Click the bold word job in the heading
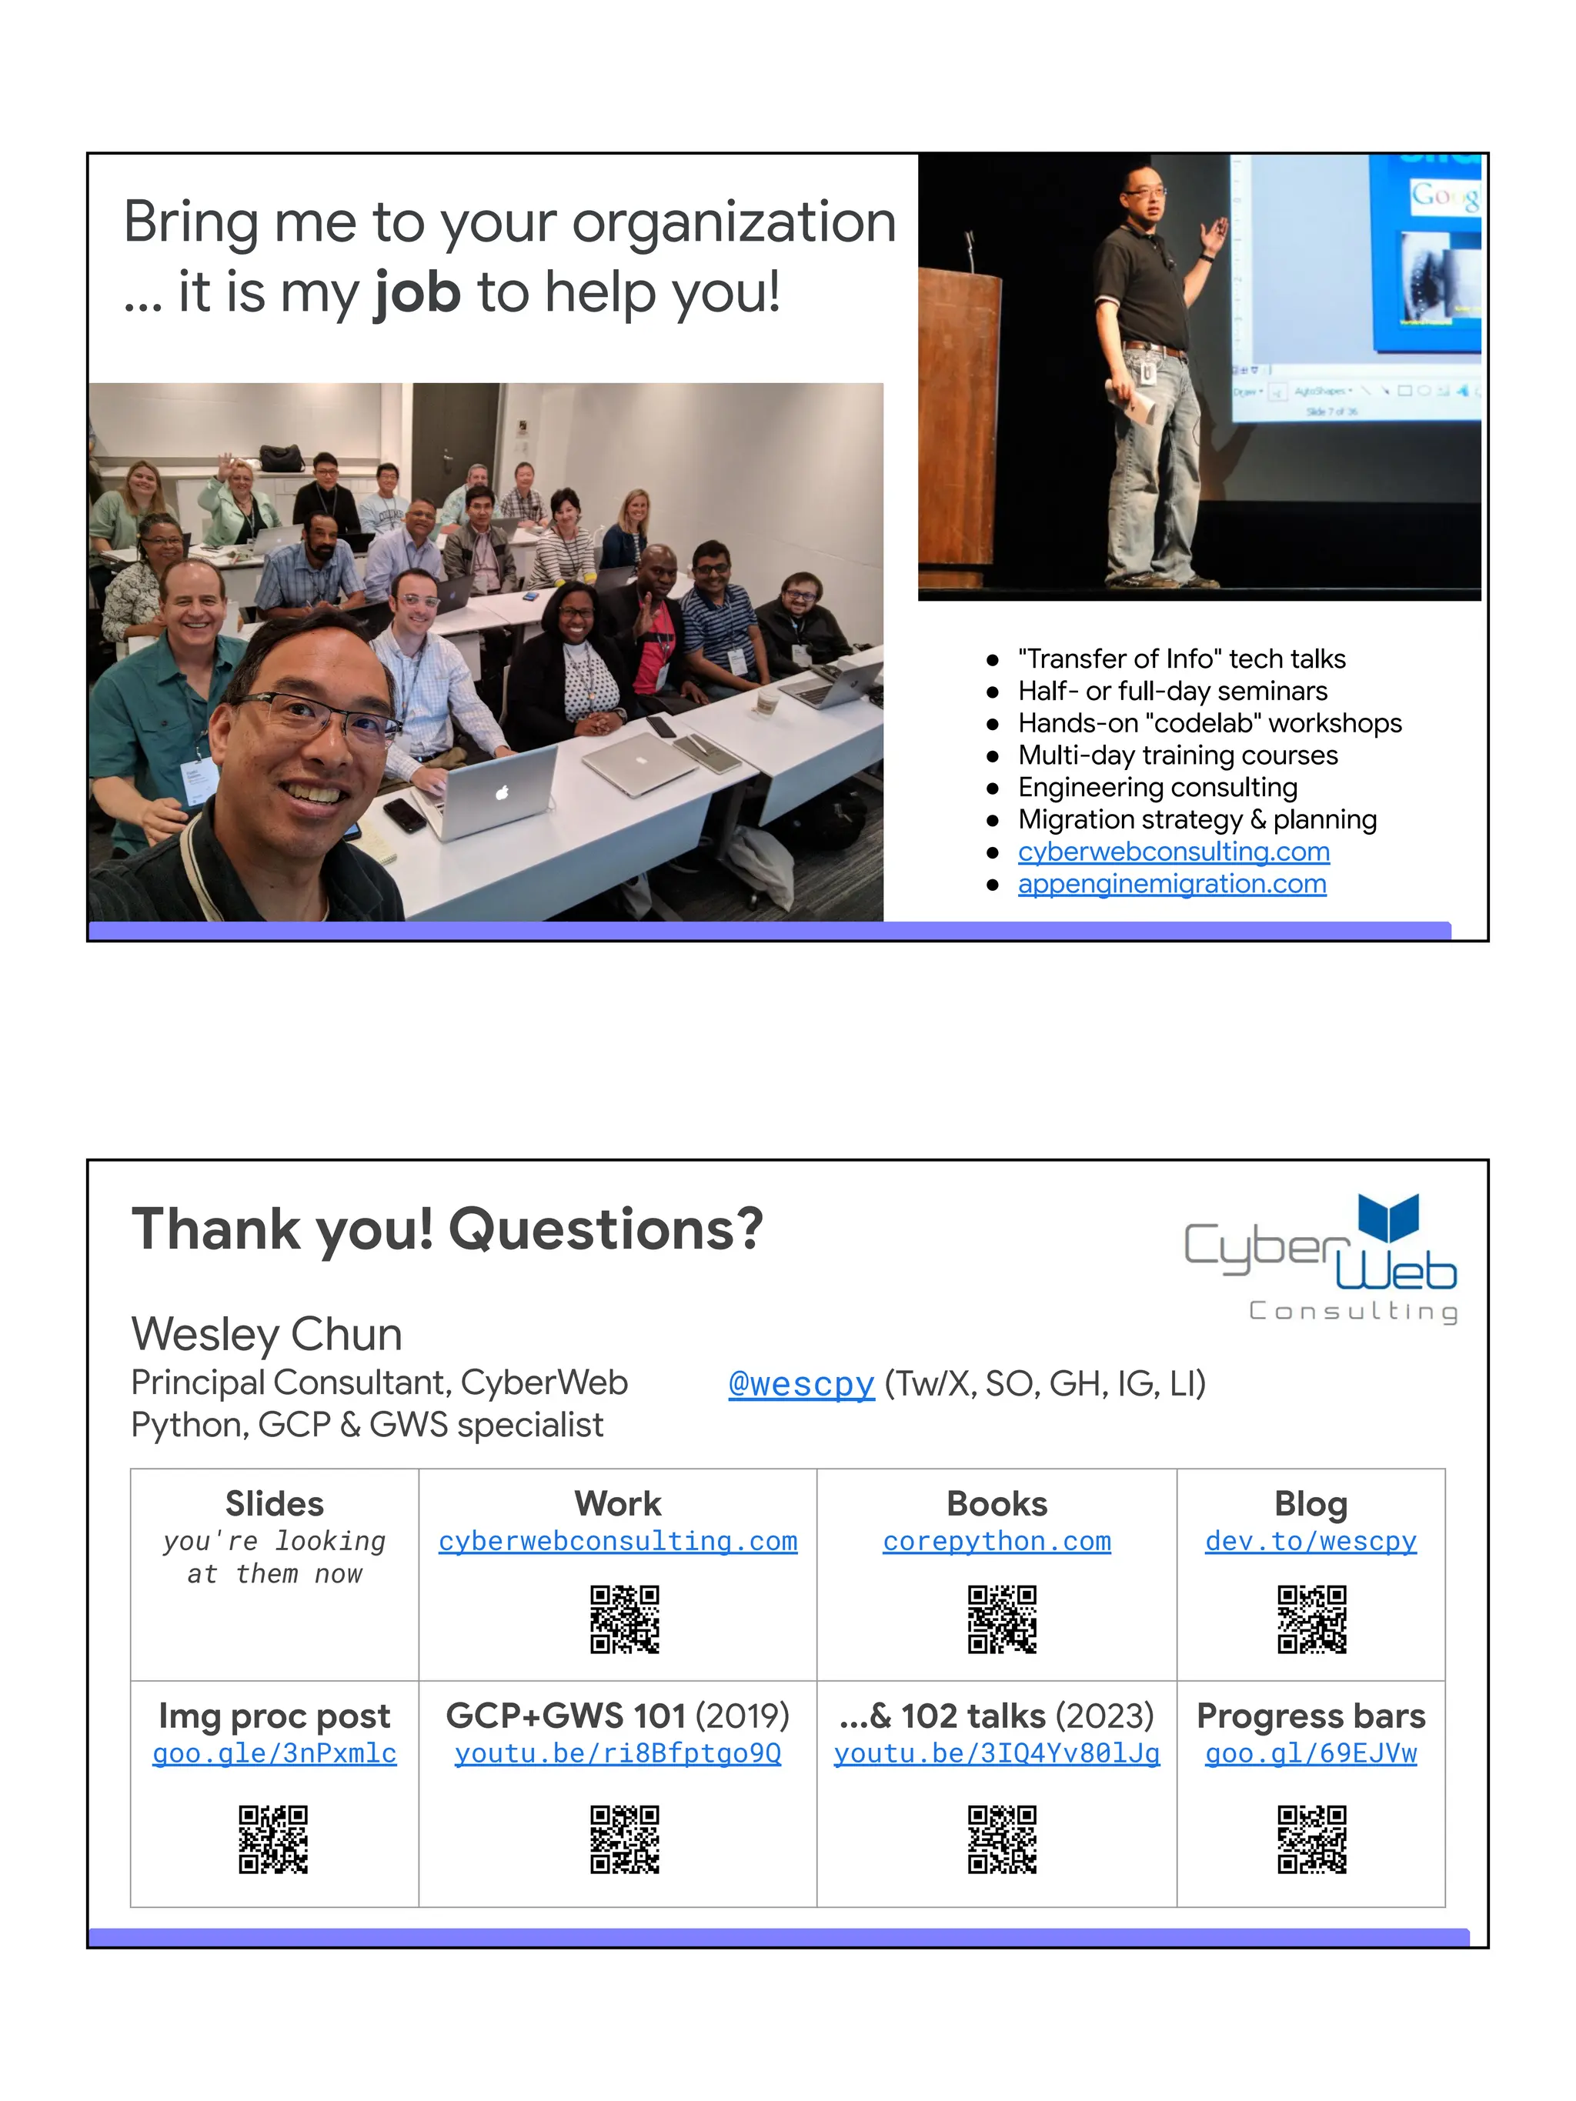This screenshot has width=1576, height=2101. pyautogui.click(x=417, y=292)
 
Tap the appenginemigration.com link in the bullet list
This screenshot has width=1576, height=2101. pyautogui.click(x=1171, y=884)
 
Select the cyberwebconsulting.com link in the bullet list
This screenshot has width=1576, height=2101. pyautogui.click(x=1174, y=852)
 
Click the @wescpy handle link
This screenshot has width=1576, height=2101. pyautogui.click(x=801, y=1384)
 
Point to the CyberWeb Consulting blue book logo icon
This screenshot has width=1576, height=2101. pyautogui.click(x=1388, y=1217)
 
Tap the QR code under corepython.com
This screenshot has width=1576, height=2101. pyautogui.click(x=1001, y=1619)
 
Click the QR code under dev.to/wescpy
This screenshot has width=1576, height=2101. pyautogui.click(x=1311, y=1619)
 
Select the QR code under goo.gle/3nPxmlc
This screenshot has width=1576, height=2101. pyautogui.click(x=274, y=1839)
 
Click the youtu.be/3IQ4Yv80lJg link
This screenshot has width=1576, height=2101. pyautogui.click(x=997, y=1753)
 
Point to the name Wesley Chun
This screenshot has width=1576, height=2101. pyautogui.click(x=267, y=1335)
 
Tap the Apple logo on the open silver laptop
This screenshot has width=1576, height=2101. pyautogui.click(x=503, y=792)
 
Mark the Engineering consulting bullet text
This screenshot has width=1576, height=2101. pyautogui.click(x=1157, y=788)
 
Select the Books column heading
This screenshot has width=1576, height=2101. pyautogui.click(x=997, y=1505)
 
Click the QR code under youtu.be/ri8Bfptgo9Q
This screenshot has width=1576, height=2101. pyautogui.click(x=624, y=1839)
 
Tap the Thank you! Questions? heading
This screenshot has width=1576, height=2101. pyautogui.click(x=446, y=1229)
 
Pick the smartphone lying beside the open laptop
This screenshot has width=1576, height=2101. pyautogui.click(x=405, y=815)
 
